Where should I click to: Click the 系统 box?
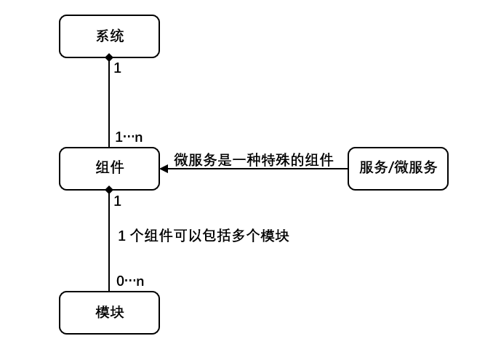[109, 36]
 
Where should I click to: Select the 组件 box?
[109, 168]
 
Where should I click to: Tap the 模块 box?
[109, 312]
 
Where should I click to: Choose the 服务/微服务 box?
[398, 168]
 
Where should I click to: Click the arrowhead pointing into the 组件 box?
[164, 169]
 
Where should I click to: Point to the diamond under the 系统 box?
[109, 57]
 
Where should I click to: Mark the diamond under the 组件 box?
[109, 190]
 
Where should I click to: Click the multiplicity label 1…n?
[129, 137]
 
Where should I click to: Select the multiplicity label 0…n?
[130, 281]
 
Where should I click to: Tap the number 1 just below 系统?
[118, 68]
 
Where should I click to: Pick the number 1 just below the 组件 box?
[118, 201]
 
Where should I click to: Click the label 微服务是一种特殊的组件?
[253, 160]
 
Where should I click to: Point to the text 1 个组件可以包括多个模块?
[204, 236]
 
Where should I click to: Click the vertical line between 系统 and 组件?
[109, 102]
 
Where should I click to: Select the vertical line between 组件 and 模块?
[109, 240]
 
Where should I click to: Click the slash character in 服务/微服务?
[390, 168]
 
